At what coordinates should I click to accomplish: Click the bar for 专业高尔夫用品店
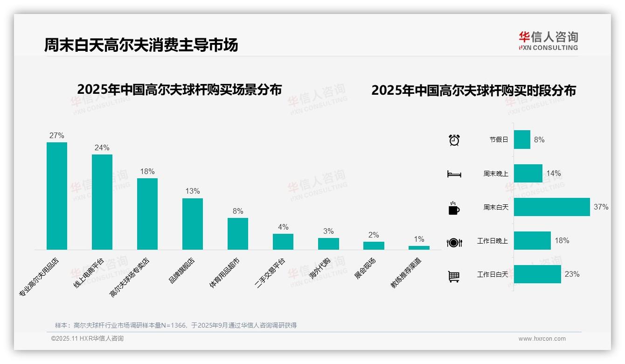[57, 196]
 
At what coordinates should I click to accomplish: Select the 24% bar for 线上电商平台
[102, 202]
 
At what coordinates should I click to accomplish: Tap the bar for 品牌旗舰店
[193, 224]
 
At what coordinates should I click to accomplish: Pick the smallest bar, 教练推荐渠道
[419, 248]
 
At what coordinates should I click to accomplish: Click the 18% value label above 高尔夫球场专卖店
[147, 172]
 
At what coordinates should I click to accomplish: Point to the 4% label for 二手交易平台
[283, 227]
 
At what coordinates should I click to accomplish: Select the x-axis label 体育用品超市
[225, 273]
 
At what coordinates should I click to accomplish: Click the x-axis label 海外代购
[320, 268]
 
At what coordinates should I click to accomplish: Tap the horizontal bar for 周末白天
[552, 207]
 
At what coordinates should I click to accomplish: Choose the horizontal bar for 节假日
[522, 140]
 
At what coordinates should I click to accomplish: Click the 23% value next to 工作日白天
[572, 274]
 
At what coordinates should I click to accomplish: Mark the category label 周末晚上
[496, 174]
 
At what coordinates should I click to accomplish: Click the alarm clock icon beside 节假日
[454, 140]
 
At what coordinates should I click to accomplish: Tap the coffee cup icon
[454, 208]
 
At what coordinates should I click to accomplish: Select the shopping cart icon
[454, 276]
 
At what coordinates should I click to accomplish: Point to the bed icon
[454, 174]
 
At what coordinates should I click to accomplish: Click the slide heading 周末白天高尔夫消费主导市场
[141, 45]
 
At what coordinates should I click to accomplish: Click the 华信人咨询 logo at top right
[548, 41]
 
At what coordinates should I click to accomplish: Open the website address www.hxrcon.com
[542, 339]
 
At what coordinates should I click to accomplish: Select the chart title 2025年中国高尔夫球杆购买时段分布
[473, 91]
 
